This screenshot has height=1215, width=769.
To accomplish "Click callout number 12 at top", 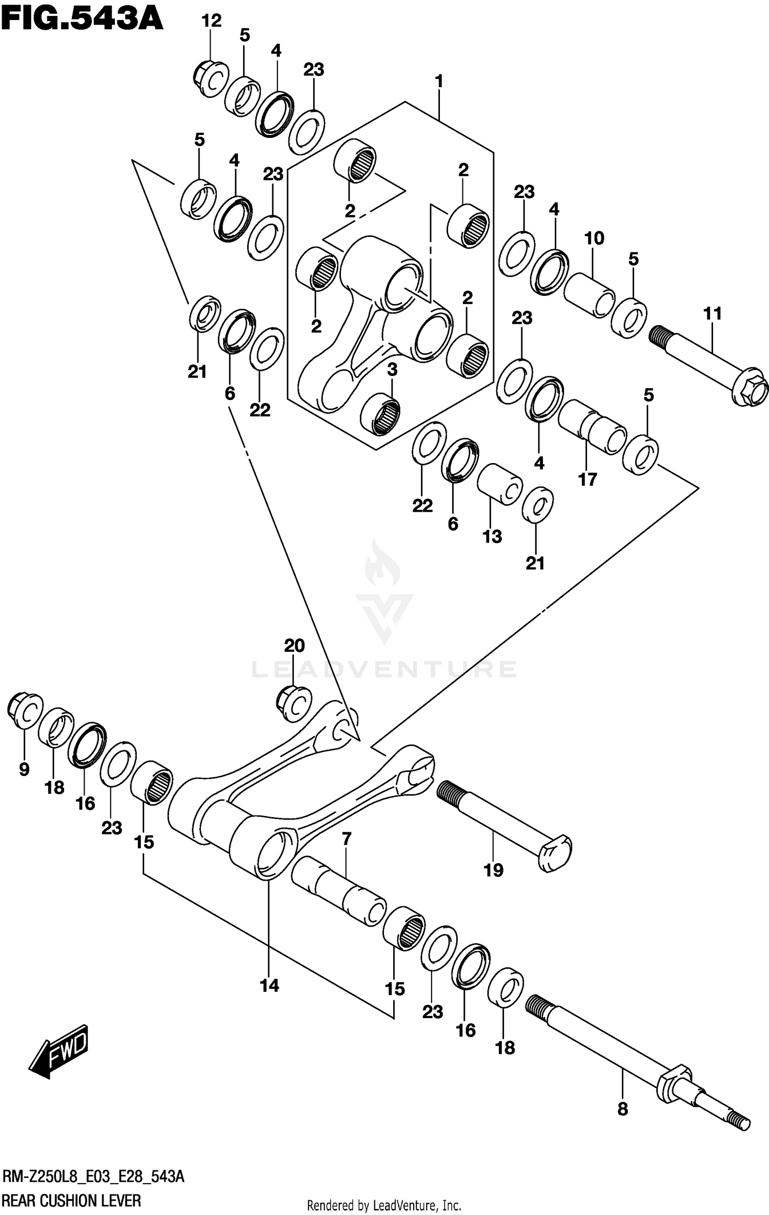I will [211, 21].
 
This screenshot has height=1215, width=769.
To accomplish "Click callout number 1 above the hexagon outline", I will [439, 81].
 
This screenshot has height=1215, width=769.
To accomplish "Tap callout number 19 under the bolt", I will [494, 870].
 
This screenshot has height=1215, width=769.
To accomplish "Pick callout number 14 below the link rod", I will [270, 985].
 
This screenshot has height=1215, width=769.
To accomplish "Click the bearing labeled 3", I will [380, 413].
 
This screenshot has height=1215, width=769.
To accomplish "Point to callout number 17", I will [588, 480].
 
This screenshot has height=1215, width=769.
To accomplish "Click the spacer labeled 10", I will [590, 294].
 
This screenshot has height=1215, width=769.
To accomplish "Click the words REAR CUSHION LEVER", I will [72, 1201].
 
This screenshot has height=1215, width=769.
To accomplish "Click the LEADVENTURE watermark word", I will [384, 669].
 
